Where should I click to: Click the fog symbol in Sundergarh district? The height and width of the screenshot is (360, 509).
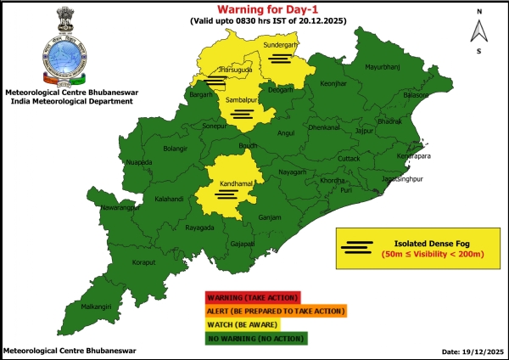coord(281,58)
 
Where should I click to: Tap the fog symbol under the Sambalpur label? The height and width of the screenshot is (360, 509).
coord(242,113)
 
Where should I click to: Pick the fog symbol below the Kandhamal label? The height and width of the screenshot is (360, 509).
coord(226,194)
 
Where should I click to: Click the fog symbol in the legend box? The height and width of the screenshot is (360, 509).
coord(357,248)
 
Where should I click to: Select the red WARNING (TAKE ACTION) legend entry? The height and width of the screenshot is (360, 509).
coord(251,298)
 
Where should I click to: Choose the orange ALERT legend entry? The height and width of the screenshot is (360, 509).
coord(275,312)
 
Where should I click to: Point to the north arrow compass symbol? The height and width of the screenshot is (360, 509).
coord(479,31)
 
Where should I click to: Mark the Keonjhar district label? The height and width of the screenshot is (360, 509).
coord(334,84)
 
